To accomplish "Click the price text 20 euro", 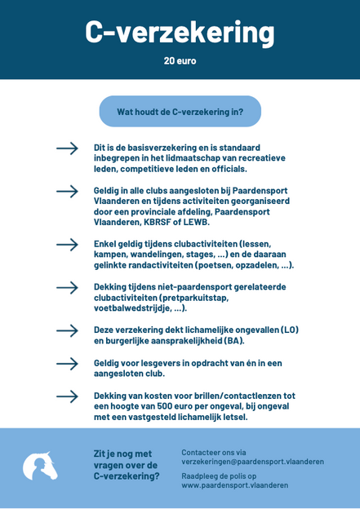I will point(180,61).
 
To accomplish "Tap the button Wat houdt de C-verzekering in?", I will point(180,111).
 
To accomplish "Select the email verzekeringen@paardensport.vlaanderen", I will point(251,462).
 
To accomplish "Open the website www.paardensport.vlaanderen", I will point(234,485).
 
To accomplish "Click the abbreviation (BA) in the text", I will point(233,340).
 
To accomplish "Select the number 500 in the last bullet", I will point(176,406).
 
